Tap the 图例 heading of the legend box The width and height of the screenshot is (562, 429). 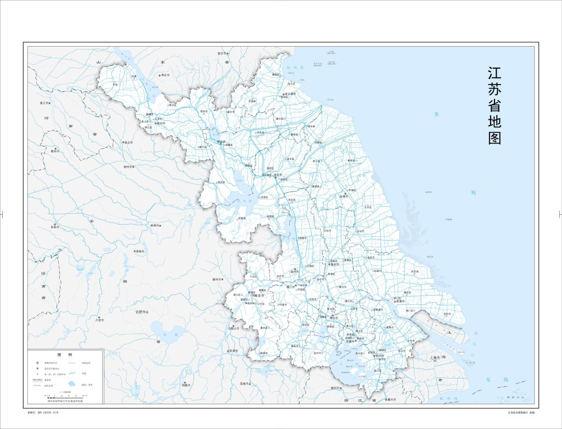[65, 355]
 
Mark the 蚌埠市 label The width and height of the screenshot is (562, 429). [154, 225]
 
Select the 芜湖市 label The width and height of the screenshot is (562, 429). [233, 350]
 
